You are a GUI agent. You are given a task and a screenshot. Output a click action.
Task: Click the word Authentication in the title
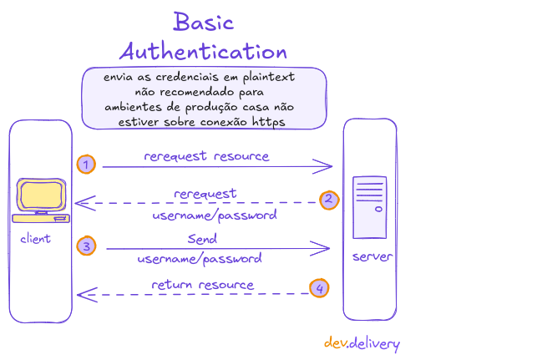click(203, 52)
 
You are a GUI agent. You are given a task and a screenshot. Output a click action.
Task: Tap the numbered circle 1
click(85, 165)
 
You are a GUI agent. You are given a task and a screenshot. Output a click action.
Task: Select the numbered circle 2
click(329, 200)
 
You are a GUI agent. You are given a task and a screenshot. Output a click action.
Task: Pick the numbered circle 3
click(85, 246)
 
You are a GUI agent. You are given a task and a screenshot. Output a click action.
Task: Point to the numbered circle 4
click(318, 288)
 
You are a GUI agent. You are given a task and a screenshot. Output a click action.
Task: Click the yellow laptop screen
click(41, 196)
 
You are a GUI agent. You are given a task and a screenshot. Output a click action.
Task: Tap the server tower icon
click(369, 208)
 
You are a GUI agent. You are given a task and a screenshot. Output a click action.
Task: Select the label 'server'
click(372, 256)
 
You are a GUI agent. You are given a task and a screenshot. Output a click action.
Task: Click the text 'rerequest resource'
click(206, 156)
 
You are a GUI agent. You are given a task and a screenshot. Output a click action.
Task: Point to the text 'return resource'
click(202, 285)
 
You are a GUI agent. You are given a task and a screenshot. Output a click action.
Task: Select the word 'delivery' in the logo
click(374, 343)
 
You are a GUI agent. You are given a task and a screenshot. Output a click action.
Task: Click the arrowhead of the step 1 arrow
click(327, 167)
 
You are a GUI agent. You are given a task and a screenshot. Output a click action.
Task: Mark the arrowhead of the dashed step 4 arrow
click(84, 293)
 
